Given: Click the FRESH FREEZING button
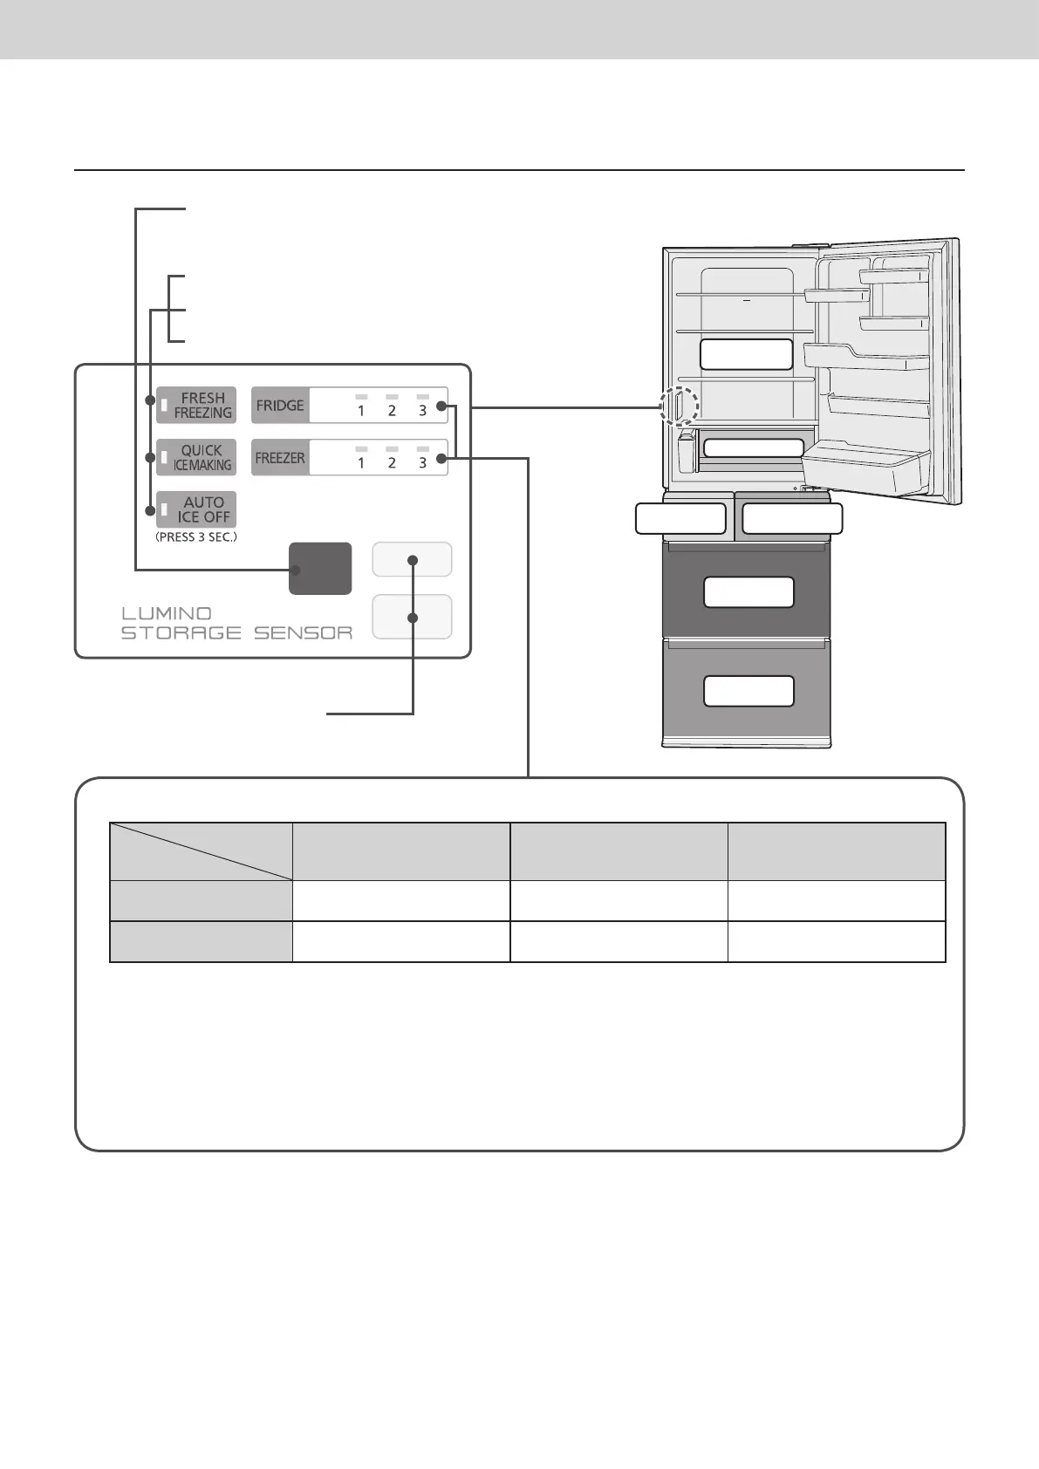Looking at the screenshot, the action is tap(196, 406).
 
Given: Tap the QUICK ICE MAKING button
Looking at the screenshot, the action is tap(196, 458).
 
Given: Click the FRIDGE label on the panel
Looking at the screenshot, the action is tap(280, 406).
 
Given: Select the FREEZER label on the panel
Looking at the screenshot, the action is tap(280, 458).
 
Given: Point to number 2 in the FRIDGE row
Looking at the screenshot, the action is tap(392, 411).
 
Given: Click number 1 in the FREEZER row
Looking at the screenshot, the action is tap(361, 463).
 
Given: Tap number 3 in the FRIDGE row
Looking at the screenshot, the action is tap(422, 411).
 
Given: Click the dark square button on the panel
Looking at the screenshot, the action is tap(320, 569).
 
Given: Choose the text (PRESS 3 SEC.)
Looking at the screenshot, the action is tap(196, 537).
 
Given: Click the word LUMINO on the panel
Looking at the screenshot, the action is tap(167, 613).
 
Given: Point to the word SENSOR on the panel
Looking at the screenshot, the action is tap(303, 633).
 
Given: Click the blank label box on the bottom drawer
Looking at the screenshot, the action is tap(748, 691).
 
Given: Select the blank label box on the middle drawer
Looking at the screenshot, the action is tap(748, 592).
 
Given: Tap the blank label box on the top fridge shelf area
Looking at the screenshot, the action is tap(746, 354).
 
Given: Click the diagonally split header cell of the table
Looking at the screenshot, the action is tap(201, 851).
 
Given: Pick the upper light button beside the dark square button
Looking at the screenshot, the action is tap(412, 560).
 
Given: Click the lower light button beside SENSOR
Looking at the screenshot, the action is tap(412, 617).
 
